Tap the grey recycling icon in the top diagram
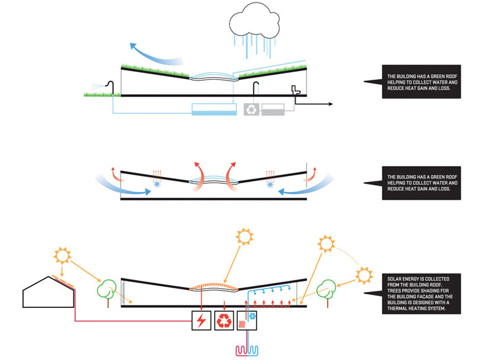click(x=252, y=109)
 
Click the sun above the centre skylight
click(x=245, y=237)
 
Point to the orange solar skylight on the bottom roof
click(x=216, y=286)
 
